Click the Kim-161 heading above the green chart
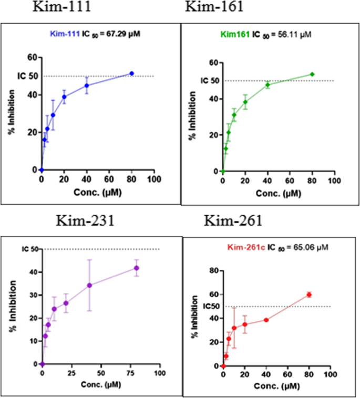pos(206,7)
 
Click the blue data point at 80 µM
pos(132,74)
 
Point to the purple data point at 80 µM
pos(136,268)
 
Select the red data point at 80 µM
pos(309,295)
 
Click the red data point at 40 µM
pos(266,320)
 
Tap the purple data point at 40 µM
pos(89,285)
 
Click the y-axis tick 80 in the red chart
pos(214,271)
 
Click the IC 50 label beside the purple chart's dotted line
pos(29,248)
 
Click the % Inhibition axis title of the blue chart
pos(11,113)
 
